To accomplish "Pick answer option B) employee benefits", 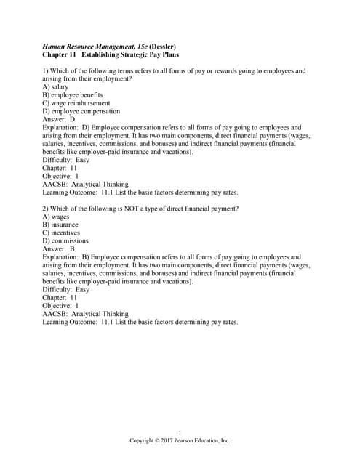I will click(x=72, y=95).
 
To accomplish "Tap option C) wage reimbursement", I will click(x=76, y=103).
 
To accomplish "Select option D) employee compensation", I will click(x=81, y=111).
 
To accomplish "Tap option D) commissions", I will click(x=65, y=241).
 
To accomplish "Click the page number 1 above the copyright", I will click(x=180, y=433).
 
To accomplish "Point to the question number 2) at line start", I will click(x=46, y=209).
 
